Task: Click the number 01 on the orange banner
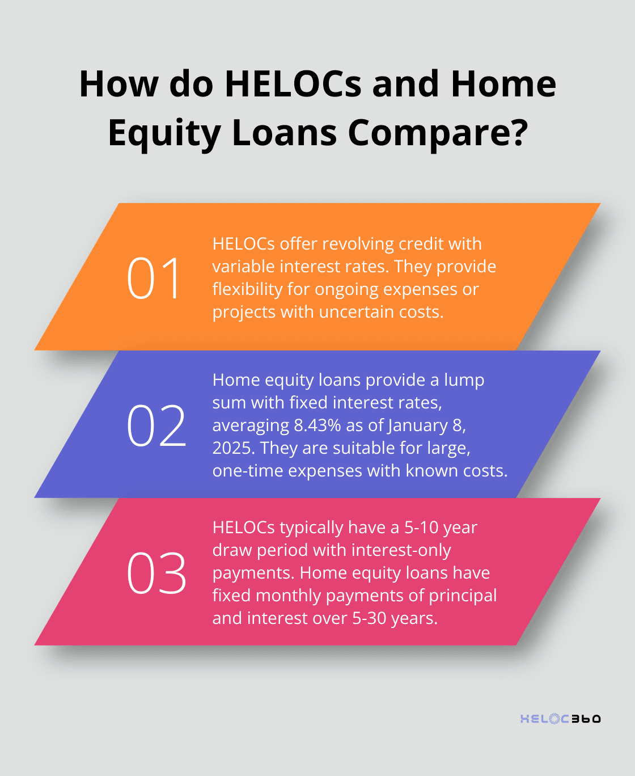click(154, 278)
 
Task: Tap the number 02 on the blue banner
click(156, 425)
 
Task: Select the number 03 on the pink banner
click(156, 573)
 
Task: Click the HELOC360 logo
click(560, 719)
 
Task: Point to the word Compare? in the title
click(438, 133)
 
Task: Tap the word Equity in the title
click(164, 133)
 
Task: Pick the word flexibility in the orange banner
click(247, 289)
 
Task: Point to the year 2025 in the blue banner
click(234, 448)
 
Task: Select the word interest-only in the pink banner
click(401, 550)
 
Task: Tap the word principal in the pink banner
click(463, 595)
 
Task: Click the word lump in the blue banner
click(464, 379)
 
